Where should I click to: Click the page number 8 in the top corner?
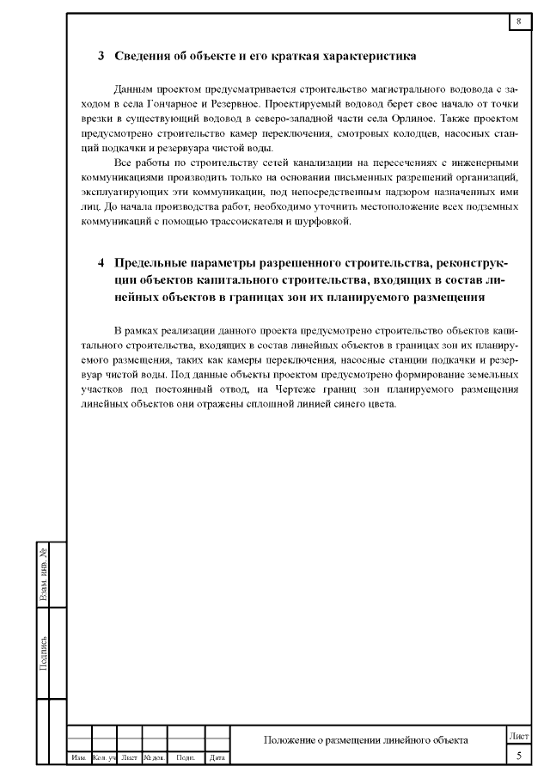pyautogui.click(x=519, y=21)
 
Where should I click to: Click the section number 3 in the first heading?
pyautogui.click(x=101, y=57)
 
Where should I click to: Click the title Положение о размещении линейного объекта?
pyautogui.click(x=366, y=740)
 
